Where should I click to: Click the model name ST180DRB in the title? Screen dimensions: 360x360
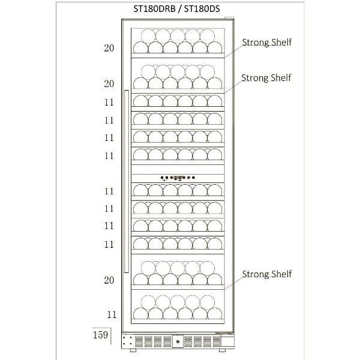pyautogui.click(x=155, y=8)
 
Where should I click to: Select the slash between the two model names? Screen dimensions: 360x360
pyautogui.click(x=182, y=8)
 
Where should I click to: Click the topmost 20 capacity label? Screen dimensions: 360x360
pyautogui.click(x=109, y=48)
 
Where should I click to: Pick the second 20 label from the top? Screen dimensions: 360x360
pyautogui.click(x=109, y=83)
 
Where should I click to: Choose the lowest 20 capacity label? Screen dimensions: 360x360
pyautogui.click(x=109, y=280)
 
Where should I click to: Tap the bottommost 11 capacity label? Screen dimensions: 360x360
pyautogui.click(x=111, y=314)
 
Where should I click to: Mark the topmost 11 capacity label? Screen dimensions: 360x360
pyautogui.click(x=109, y=102)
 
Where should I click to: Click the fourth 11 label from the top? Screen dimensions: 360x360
pyautogui.click(x=109, y=155)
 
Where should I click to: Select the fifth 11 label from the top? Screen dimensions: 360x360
pyautogui.click(x=109, y=191)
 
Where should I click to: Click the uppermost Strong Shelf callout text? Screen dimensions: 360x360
pyautogui.click(x=266, y=42)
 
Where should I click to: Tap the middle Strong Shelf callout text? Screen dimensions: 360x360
pyautogui.click(x=266, y=78)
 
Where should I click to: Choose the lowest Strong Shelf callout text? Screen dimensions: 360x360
pyautogui.click(x=266, y=274)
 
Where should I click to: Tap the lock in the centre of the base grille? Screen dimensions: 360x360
pyautogui.click(x=178, y=342)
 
